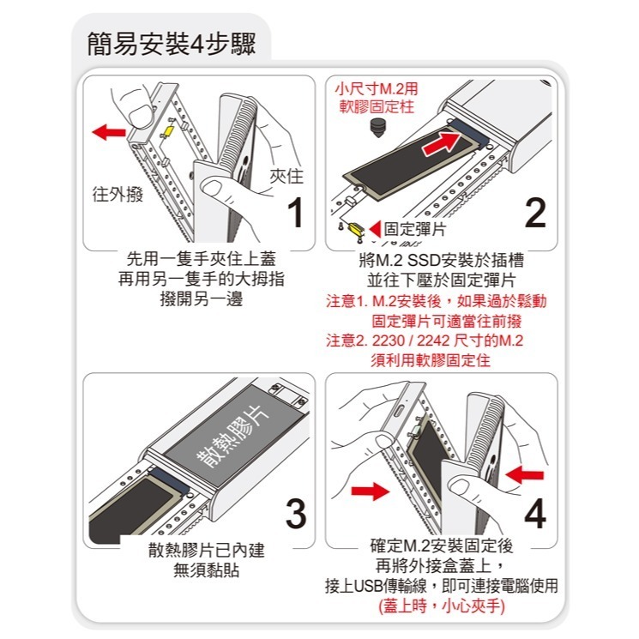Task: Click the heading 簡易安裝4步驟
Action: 172,43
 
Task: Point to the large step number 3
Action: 294,513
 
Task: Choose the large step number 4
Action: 534,513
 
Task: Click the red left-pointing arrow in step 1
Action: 109,132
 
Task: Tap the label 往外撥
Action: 118,195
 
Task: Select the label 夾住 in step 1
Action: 286,176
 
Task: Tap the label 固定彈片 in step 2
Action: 414,229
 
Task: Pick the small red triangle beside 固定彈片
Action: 375,229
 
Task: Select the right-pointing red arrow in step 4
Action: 369,491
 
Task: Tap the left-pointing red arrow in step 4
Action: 525,473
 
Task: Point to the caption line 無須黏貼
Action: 206,570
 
